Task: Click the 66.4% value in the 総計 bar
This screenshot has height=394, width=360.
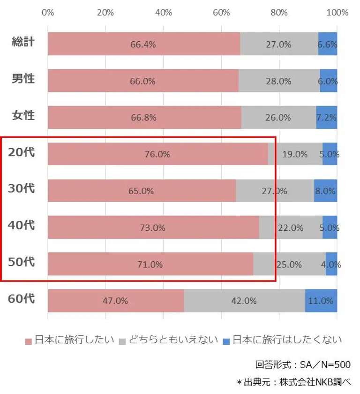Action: tap(143, 45)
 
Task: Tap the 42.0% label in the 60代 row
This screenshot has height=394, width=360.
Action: tap(244, 301)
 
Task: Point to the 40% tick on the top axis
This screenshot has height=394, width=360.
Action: tap(163, 13)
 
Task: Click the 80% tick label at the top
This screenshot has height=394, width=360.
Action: tap(279, 13)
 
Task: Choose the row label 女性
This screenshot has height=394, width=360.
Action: tap(23, 114)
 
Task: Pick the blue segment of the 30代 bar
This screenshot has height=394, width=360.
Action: tap(325, 191)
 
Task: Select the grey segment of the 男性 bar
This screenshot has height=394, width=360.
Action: tap(279, 81)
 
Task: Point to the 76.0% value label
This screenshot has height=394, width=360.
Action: tap(157, 154)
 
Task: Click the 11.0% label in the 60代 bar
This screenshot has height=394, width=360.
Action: tap(321, 301)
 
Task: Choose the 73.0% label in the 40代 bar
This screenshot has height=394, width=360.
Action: tap(153, 228)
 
